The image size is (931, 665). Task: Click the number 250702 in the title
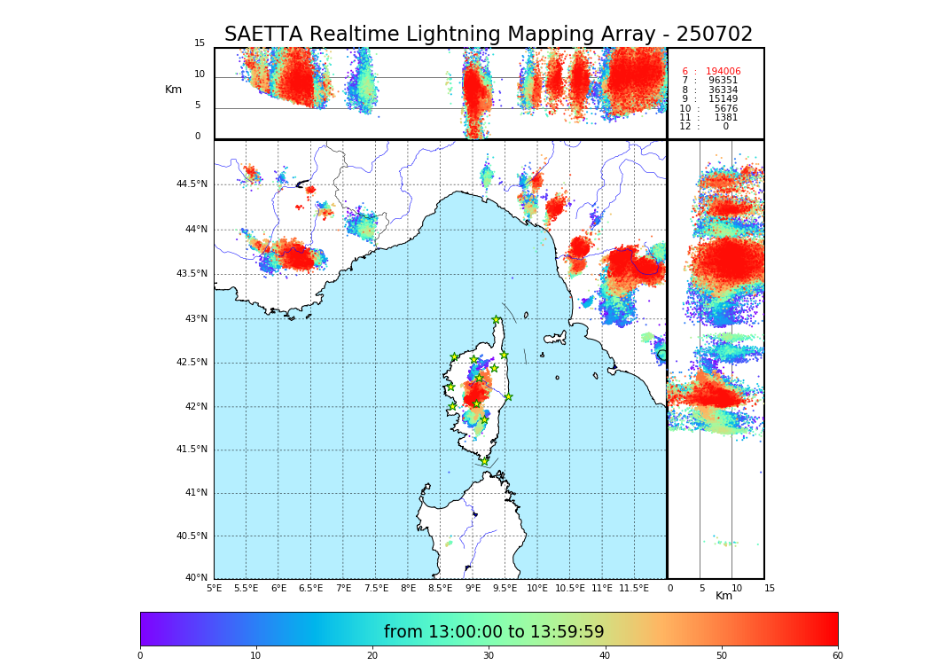(x=714, y=35)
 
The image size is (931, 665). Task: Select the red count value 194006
(x=723, y=72)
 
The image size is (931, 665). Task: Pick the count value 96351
(x=723, y=81)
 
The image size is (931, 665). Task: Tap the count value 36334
(x=723, y=90)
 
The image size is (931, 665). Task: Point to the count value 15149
(x=723, y=99)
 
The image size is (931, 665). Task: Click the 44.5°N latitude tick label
(x=191, y=184)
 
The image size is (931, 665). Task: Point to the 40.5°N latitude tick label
(x=191, y=536)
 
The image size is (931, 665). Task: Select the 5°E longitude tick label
(x=215, y=588)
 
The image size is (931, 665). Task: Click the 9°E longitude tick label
(x=473, y=588)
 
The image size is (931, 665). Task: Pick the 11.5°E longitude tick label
(x=634, y=588)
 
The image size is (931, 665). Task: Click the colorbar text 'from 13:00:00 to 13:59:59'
(x=493, y=632)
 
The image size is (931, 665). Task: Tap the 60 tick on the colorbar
(x=837, y=656)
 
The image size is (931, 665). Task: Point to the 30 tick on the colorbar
(x=489, y=656)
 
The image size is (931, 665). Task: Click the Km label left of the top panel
(x=173, y=90)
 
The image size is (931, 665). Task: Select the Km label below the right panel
(x=724, y=596)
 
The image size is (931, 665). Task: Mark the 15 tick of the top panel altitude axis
(x=199, y=43)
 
